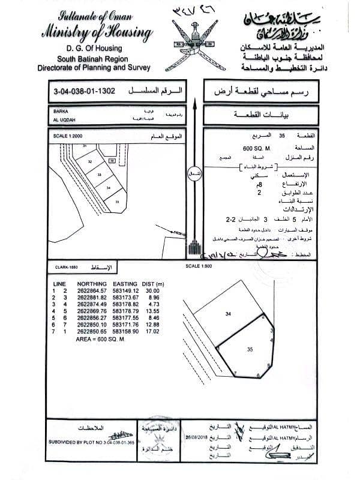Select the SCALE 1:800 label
point(199,265)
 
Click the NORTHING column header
point(92,283)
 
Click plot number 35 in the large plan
point(249,347)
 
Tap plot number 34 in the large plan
point(228,313)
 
